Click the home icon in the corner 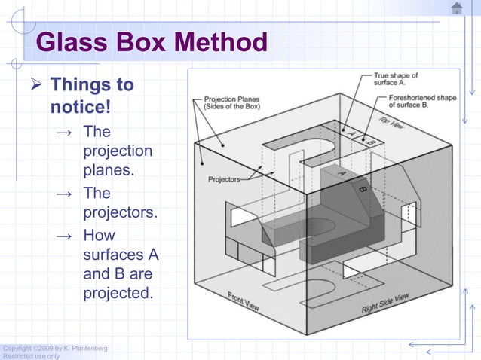point(457,8)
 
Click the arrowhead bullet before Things point(35,85)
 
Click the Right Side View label point(384,304)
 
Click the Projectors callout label point(224,179)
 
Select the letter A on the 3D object point(341,172)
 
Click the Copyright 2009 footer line point(54,348)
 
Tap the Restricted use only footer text point(30,356)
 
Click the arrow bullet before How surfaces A point(66,236)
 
